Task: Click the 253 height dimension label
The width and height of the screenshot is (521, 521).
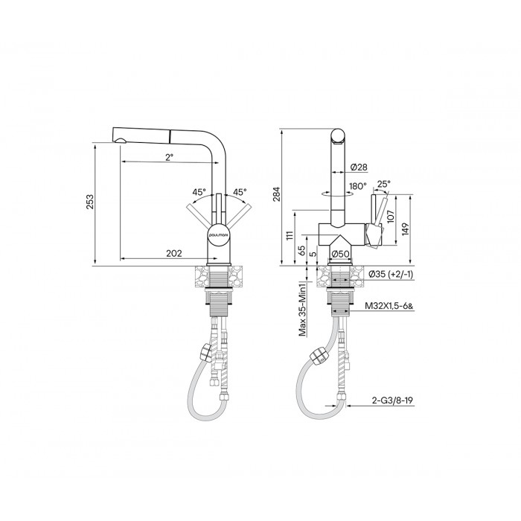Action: point(90,202)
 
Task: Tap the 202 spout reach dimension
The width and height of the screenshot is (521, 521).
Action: point(174,254)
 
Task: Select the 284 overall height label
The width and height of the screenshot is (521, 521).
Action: point(276,194)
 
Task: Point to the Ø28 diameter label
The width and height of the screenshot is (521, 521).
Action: point(359,167)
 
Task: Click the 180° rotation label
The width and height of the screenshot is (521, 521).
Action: point(358,186)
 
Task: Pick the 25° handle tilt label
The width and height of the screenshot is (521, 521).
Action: point(384,184)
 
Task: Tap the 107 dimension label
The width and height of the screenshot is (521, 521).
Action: point(391,217)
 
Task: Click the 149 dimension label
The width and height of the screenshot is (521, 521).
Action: point(406,229)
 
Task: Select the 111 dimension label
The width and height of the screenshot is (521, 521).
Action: point(290,236)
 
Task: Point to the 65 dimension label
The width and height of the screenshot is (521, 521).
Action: point(302,250)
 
